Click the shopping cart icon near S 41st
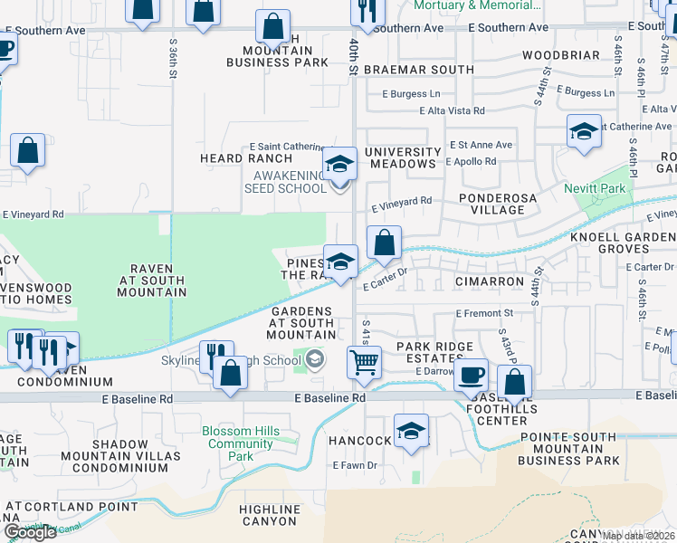click(x=364, y=361)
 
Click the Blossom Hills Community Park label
click(x=240, y=443)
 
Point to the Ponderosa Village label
click(x=491, y=204)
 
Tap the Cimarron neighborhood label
click(x=489, y=281)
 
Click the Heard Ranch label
click(x=234, y=158)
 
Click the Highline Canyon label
click(x=270, y=515)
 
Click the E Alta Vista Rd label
click(x=452, y=110)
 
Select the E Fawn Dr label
click(x=354, y=465)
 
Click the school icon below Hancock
click(x=411, y=431)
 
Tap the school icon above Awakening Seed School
click(x=340, y=164)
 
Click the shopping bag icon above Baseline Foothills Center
click(x=514, y=382)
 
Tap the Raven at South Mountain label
click(x=146, y=280)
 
